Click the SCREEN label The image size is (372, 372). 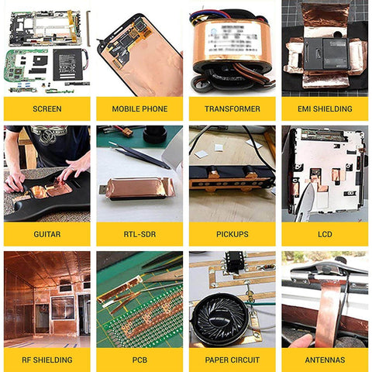tap(46, 108)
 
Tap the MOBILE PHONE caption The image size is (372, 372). tap(139, 108)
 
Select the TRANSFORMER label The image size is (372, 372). tap(232, 108)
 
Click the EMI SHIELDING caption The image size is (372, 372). tap(325, 108)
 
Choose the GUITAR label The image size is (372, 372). tap(46, 233)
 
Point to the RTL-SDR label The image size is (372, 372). tap(139, 233)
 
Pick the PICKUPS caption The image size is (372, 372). tap(232, 233)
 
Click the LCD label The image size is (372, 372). tap(325, 233)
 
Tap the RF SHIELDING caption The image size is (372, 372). tap(46, 359)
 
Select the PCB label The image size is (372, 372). tap(139, 359)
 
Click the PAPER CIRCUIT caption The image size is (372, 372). tap(232, 359)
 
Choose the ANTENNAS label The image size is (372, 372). tap(325, 359)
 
